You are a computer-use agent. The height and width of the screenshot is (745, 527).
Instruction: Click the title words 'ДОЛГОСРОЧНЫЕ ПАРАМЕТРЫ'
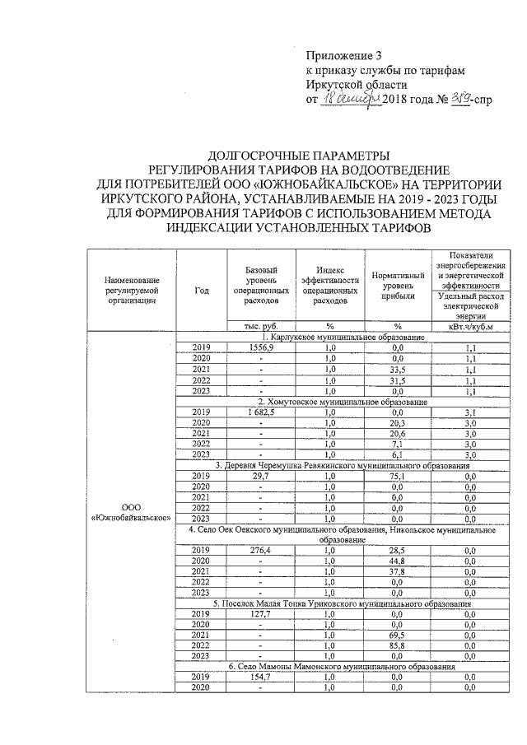point(297,155)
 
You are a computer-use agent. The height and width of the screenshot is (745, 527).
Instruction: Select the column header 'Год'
point(202,290)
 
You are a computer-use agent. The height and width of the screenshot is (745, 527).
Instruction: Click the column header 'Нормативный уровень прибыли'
point(398,284)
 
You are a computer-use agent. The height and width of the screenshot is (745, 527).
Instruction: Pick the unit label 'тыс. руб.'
point(260,327)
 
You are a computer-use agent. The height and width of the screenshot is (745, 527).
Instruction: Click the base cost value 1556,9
point(260,347)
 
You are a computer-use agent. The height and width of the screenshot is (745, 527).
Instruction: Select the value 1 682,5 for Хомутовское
point(260,412)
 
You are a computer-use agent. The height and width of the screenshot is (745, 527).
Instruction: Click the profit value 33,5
point(398,370)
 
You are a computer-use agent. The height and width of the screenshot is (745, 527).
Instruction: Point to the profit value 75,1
point(398,476)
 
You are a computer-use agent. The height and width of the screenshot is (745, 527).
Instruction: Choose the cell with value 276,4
point(260,550)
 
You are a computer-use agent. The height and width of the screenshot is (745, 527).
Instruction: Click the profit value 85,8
point(398,645)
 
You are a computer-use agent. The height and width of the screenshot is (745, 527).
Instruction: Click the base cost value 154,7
point(260,677)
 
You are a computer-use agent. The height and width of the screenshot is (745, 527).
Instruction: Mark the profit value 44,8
point(398,561)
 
